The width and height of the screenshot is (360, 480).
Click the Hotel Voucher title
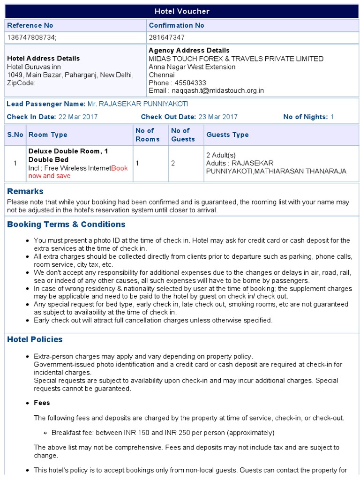coord(182,11)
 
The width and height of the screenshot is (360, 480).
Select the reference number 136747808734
coord(31,37)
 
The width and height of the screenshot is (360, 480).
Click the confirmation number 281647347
coord(166,37)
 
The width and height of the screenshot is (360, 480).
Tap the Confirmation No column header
coord(176,25)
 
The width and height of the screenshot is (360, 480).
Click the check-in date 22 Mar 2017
coord(78,117)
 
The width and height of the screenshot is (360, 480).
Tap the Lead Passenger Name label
coord(46,104)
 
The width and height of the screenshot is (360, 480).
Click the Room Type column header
coord(48,135)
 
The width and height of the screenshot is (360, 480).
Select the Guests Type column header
coord(227,135)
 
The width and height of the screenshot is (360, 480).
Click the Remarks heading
coord(25,191)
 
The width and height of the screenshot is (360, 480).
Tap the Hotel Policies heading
coord(35,339)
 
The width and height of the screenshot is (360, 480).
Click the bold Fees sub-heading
coord(42,403)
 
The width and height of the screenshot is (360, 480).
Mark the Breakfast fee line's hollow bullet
coord(46,433)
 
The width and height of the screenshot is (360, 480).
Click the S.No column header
coord(15,135)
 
